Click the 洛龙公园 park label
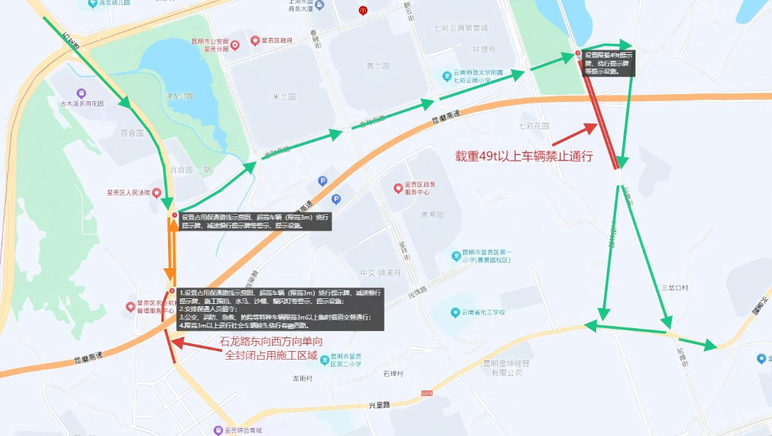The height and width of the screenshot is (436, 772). pyautogui.click(x=180, y=96)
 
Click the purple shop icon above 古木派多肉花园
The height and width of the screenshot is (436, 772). pyautogui.click(x=81, y=93)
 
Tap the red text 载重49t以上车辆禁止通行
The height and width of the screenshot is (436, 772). pyautogui.click(x=525, y=156)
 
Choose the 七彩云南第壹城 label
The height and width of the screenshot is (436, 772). pyautogui.click(x=460, y=29)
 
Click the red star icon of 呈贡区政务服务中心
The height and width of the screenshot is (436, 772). pyautogui.click(x=398, y=188)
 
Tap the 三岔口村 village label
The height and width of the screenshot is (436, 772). pyautogui.click(x=674, y=288)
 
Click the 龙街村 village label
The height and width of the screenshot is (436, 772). pyautogui.click(x=302, y=379)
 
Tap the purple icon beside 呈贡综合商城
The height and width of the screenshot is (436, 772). pyautogui.click(x=218, y=430)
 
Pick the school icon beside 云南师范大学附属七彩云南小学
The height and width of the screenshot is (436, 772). pyautogui.click(x=447, y=73)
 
